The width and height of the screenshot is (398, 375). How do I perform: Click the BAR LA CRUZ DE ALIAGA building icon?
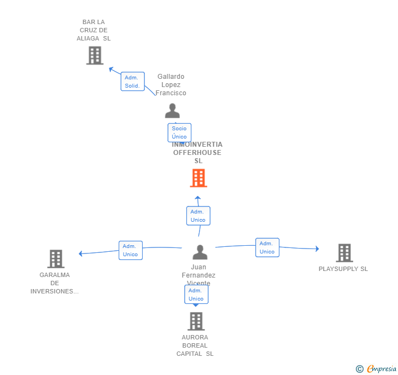coord(95,55)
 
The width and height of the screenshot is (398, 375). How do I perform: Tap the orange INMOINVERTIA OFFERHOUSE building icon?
coord(198,178)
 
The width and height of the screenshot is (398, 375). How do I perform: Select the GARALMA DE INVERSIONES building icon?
coord(55,259)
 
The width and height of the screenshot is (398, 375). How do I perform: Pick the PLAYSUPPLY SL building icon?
coord(344,253)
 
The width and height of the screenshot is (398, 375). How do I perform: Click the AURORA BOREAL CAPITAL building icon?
coord(196,321)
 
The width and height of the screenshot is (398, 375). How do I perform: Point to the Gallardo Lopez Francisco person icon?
coord(172,111)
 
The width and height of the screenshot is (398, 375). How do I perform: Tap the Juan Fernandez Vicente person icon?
coord(200,252)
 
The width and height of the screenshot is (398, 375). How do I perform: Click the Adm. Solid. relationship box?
coord(132,82)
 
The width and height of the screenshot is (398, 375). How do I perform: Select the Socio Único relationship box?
coord(179,132)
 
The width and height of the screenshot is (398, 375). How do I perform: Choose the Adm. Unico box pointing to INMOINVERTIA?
coord(198,216)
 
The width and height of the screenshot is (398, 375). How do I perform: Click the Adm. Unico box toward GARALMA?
coord(131,250)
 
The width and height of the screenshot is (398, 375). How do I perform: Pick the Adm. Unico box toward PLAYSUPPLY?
coord(267,247)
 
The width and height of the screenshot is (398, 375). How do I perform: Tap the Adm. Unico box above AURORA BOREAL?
coord(196,295)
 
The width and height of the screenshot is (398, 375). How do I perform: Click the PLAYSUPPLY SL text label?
coord(343,269)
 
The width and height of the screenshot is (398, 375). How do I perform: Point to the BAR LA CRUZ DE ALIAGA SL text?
coord(93,30)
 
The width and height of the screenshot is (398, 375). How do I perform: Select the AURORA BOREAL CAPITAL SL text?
coord(195,345)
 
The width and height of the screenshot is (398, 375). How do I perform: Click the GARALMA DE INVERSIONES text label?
coord(55,283)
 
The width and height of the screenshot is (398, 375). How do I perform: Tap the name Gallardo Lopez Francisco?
coord(171,85)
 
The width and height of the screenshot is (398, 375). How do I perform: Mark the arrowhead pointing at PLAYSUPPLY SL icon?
coord(317,249)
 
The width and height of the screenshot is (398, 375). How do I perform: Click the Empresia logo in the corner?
coord(376,369)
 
